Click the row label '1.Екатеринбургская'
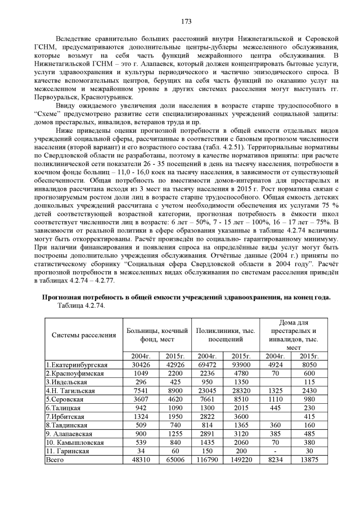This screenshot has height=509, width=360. pyautogui.click(x=76, y=364)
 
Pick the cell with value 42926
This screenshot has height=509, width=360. pyautogui.click(x=174, y=364)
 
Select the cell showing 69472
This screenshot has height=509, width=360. pyautogui.click(x=208, y=364)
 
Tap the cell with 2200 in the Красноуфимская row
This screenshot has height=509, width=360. pyautogui.click(x=174, y=373)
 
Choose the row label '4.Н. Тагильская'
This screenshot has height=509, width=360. pyautogui.click(x=71, y=390)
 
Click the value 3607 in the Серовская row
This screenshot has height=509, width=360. pyautogui.click(x=140, y=399)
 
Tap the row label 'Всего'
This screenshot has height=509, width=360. pyautogui.click(x=56, y=460)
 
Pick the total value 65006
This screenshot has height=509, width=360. pyautogui.click(x=174, y=460)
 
